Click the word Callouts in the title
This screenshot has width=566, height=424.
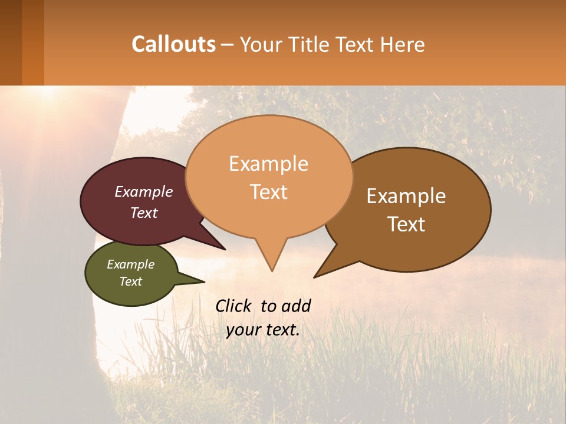point(173,44)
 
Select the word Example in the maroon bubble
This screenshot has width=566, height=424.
point(144,191)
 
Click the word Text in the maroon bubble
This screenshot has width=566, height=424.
point(144,213)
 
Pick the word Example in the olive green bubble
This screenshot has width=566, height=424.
point(130,264)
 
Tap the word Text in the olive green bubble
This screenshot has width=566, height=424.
point(130,281)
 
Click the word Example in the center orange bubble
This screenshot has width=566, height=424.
point(268,164)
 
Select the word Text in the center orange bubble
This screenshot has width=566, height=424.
point(268,192)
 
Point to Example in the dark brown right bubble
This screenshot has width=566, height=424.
point(406,196)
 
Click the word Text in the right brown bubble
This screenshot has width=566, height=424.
point(406,224)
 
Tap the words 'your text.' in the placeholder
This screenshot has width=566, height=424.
point(263,330)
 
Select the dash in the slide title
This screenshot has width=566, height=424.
point(228,45)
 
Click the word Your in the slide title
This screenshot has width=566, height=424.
point(259,44)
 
